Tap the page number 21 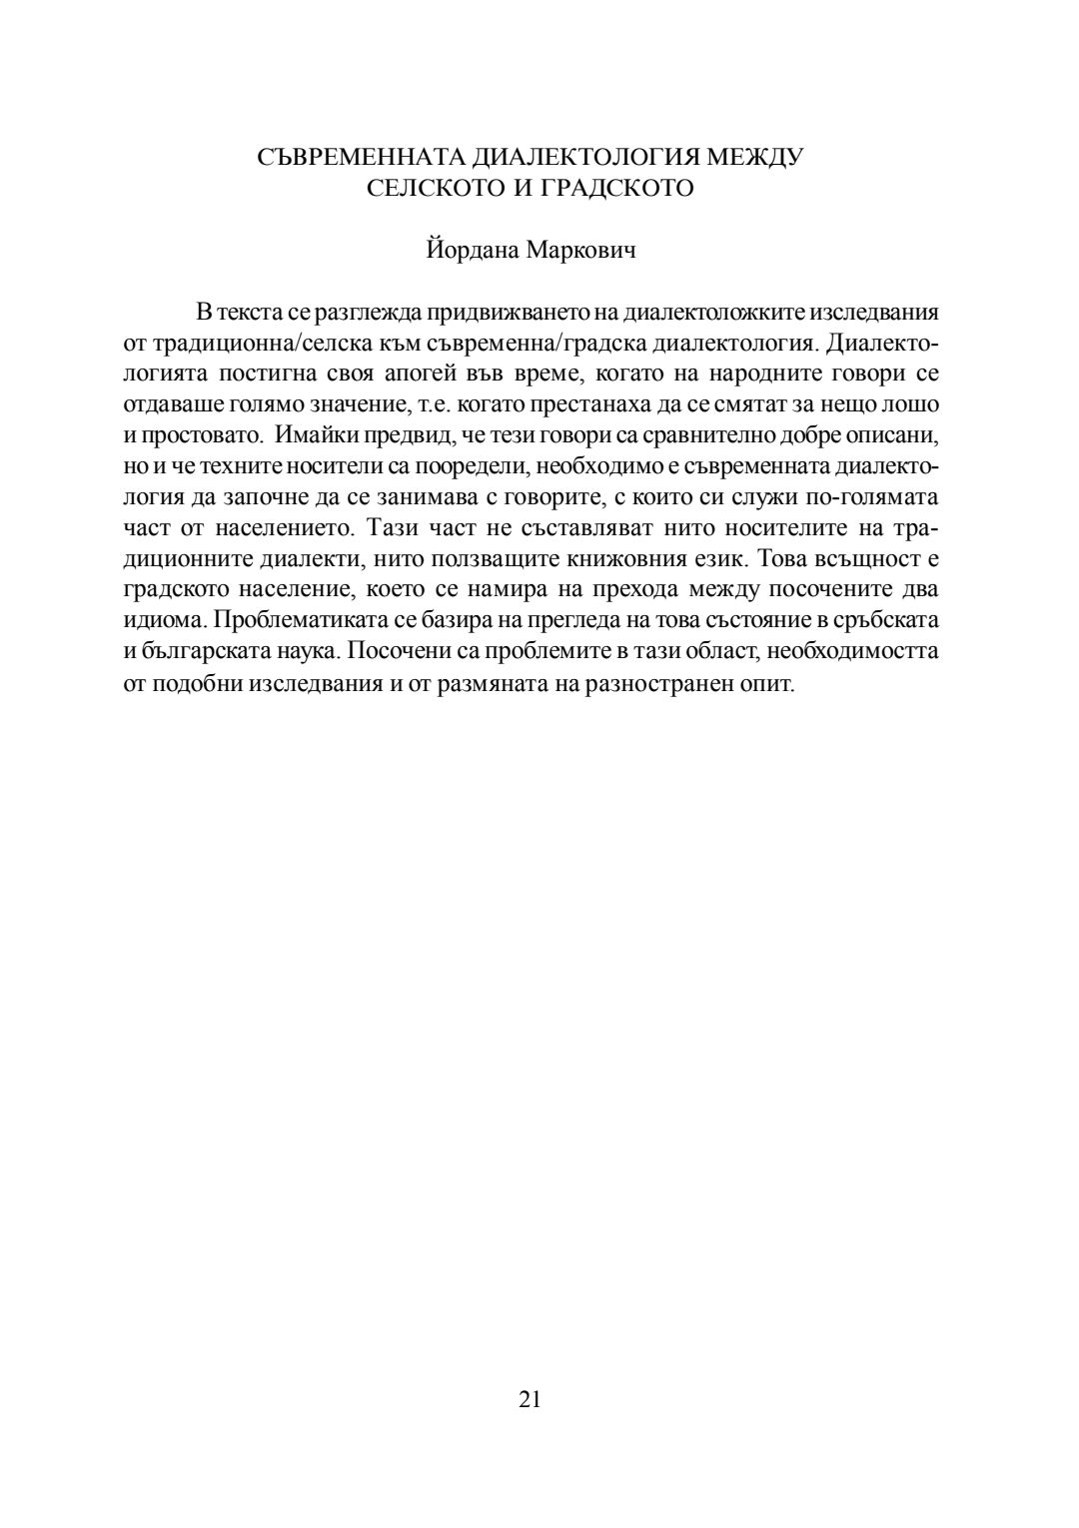coord(531,1398)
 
